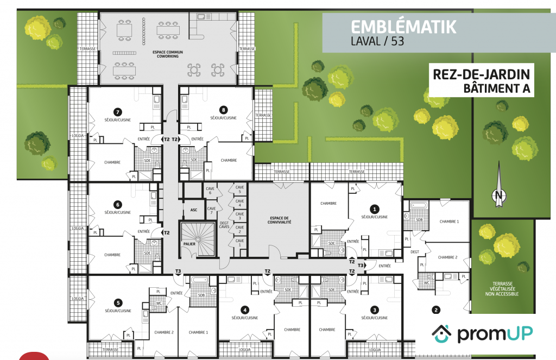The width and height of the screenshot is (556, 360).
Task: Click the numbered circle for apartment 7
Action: [117, 112]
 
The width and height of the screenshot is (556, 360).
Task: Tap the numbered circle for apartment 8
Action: [223, 110]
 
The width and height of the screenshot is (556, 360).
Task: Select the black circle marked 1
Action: [375, 209]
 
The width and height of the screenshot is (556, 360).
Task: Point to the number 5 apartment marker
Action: [118, 303]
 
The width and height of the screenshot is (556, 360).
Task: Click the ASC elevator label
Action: [194, 210]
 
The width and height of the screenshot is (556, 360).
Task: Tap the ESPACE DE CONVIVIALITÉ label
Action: [280, 220]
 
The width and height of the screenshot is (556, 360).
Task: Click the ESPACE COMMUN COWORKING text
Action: [168, 54]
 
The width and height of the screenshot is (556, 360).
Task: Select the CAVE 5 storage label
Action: [239, 190]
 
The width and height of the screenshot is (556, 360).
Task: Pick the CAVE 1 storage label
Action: [239, 243]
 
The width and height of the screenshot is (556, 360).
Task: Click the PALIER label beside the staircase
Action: [189, 244]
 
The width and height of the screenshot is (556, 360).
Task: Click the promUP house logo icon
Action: [441, 334]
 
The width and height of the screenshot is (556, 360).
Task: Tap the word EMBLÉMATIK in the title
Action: [403, 27]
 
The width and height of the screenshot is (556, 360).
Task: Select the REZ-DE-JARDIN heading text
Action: [482, 74]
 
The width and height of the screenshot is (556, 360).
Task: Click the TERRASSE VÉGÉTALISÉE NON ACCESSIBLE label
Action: [502, 289]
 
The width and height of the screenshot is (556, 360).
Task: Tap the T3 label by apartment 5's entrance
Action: [178, 271]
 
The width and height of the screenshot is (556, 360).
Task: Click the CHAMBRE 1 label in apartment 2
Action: [449, 222]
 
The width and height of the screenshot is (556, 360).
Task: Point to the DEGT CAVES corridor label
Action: [224, 225]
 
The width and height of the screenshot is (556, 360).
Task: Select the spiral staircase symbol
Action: [198, 239]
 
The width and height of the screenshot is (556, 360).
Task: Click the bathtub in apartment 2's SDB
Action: [420, 205]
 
